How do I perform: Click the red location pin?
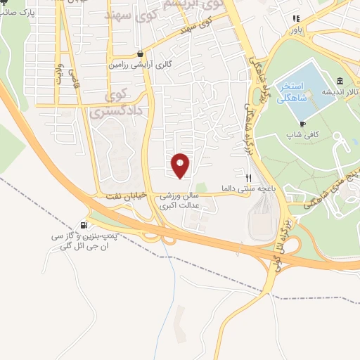pyautogui.click(x=181, y=165)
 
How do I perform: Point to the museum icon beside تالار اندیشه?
pyautogui.click(x=340, y=81)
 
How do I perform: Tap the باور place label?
pyautogui.click(x=297, y=30)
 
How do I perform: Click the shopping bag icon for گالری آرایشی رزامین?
pyautogui.click(x=141, y=53)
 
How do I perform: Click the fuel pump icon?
pyautogui.click(x=85, y=226)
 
